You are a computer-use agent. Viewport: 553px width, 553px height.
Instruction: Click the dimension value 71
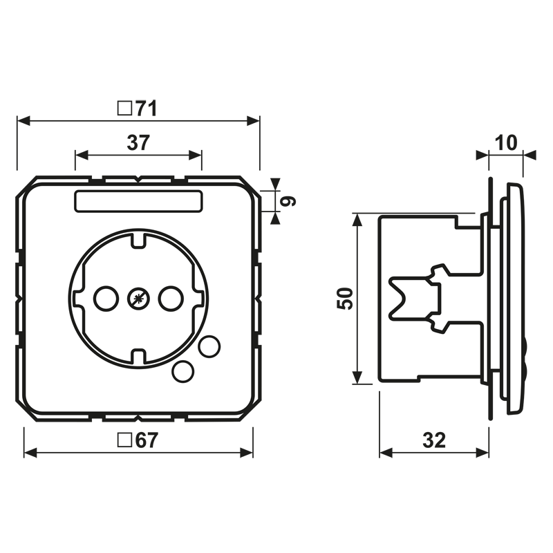147,109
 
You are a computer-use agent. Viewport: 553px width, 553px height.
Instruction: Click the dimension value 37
139,142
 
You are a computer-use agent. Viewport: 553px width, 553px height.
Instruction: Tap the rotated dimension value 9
288,201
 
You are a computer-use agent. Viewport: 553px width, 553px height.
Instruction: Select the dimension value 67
147,440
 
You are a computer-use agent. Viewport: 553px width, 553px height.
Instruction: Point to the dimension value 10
506,142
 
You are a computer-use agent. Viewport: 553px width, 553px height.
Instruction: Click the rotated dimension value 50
345,299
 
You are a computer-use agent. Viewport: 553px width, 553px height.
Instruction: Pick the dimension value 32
434,440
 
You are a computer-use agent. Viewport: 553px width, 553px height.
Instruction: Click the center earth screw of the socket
139,299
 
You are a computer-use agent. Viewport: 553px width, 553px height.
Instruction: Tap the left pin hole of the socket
106,299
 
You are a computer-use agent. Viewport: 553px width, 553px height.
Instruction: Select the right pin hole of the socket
171,299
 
